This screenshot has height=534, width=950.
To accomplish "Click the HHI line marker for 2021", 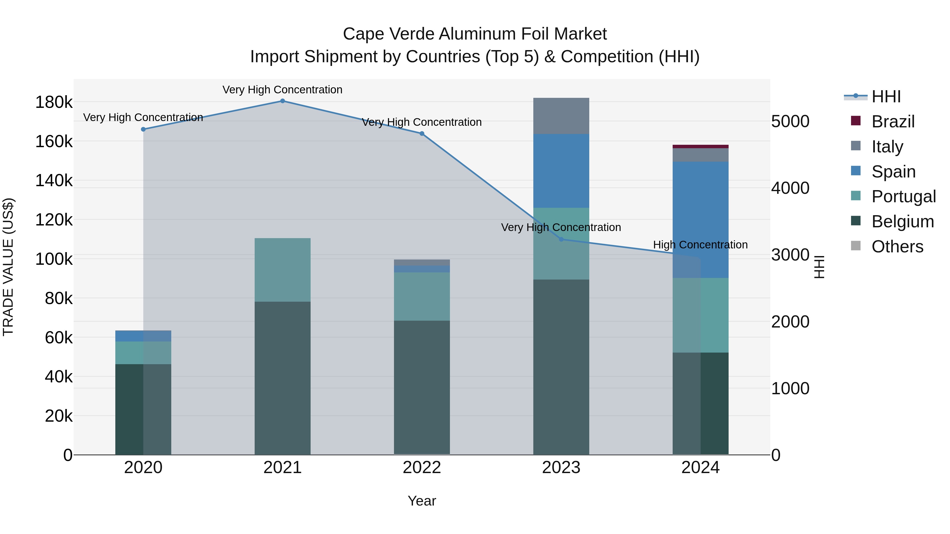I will click(x=282, y=101).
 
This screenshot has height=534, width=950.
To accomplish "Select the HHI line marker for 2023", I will click(x=561, y=239).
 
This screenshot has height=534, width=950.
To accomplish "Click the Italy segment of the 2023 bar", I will click(x=561, y=116).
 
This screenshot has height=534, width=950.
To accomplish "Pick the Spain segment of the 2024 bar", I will click(x=700, y=219).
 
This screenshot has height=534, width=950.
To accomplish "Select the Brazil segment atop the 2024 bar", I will click(x=700, y=146).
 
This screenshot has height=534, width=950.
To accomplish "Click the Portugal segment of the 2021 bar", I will click(x=282, y=270).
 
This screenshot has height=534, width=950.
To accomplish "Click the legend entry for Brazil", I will click(x=893, y=122).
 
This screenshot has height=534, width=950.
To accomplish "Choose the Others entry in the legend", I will click(x=897, y=247).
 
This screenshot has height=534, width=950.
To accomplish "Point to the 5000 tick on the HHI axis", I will click(x=790, y=121).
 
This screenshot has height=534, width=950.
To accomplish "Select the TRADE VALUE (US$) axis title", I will click(x=8, y=267).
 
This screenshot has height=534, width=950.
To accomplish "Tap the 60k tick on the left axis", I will click(x=59, y=338).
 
